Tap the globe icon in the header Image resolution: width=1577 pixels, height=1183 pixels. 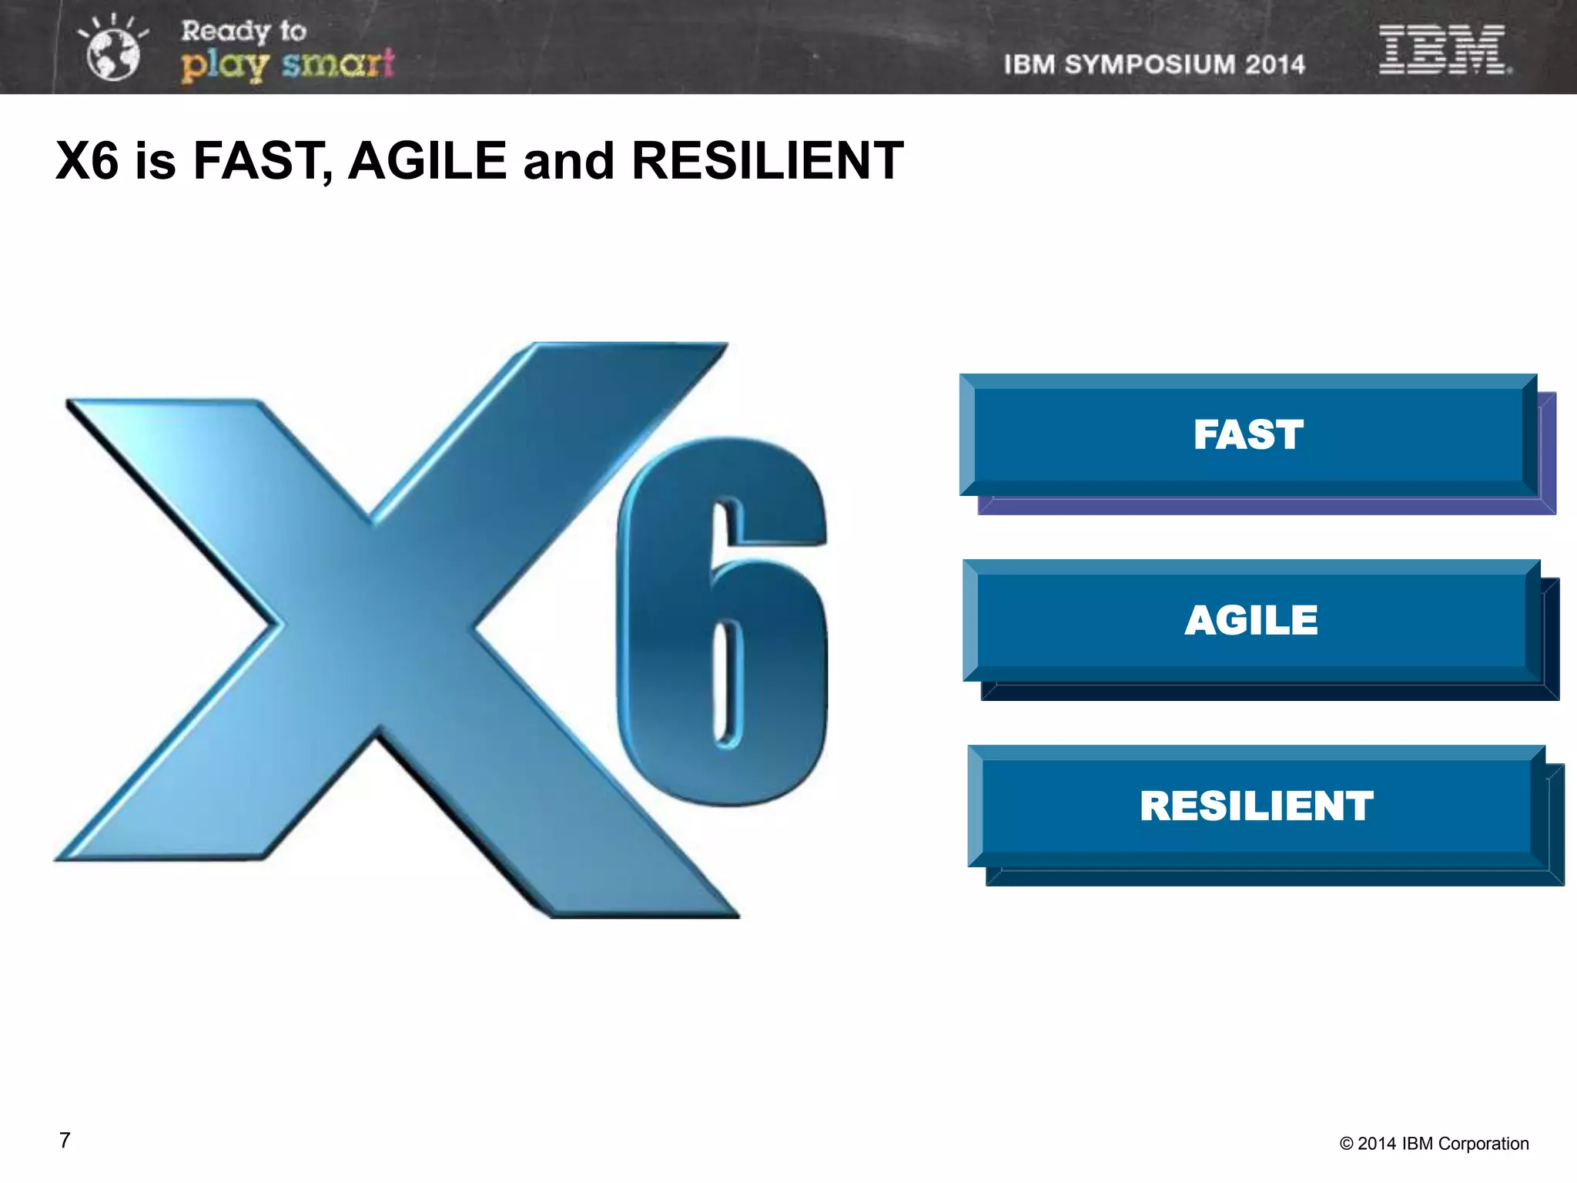[x=113, y=52]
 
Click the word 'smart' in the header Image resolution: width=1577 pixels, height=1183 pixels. [x=338, y=64]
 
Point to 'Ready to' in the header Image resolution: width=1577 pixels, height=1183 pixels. [x=243, y=31]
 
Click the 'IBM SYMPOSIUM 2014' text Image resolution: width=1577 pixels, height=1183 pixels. [x=1153, y=65]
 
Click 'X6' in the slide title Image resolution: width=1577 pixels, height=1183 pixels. [x=87, y=161]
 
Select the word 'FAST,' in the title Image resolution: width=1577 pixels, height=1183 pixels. [x=263, y=161]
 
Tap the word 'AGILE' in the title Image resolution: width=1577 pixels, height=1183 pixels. [x=427, y=161]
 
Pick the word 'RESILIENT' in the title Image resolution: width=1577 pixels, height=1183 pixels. [x=767, y=161]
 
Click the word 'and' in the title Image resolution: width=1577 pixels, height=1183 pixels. [x=569, y=161]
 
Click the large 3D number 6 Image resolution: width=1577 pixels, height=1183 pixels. [x=722, y=624]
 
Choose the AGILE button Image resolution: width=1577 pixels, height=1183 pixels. [x=1251, y=621]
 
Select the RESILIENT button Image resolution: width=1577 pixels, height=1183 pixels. [x=1256, y=806]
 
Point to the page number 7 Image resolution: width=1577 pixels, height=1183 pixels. [x=65, y=1141]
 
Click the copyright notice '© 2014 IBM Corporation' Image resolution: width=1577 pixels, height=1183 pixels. [x=1434, y=1144]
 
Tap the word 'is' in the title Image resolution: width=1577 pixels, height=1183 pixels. [x=156, y=161]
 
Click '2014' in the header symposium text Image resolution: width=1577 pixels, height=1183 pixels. [x=1274, y=65]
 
